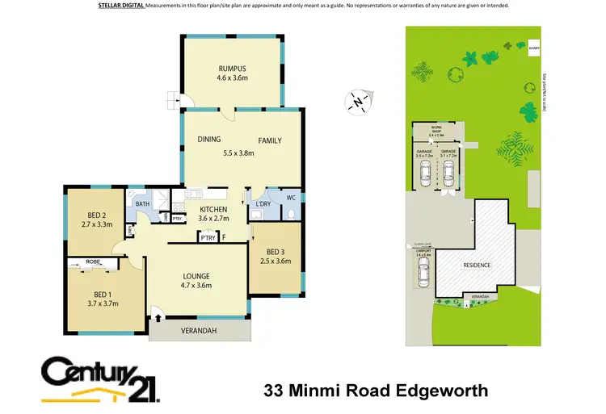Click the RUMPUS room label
231,68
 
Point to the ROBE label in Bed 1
95,262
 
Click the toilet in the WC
288,214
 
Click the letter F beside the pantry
224,236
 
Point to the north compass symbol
356,102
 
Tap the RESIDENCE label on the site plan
477,265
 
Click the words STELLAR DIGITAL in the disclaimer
121,6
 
